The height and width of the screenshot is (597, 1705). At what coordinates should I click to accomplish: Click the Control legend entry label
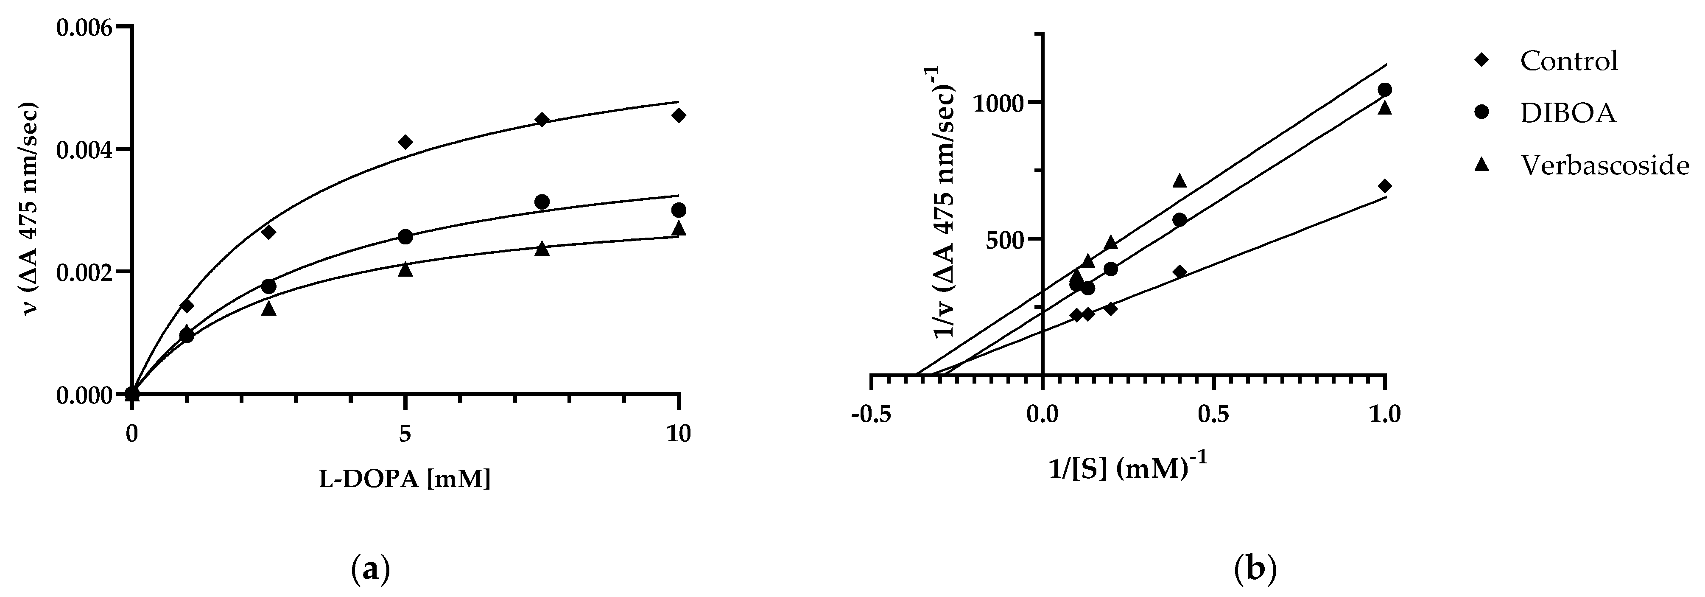tap(1569, 61)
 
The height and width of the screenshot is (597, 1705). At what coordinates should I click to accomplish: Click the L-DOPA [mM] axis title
tap(405, 479)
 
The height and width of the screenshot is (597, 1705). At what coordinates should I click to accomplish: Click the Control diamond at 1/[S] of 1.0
tap(1384, 186)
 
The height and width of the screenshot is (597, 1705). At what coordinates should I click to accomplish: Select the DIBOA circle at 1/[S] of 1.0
tap(1384, 90)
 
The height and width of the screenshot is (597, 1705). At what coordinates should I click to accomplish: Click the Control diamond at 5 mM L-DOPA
tap(406, 142)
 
